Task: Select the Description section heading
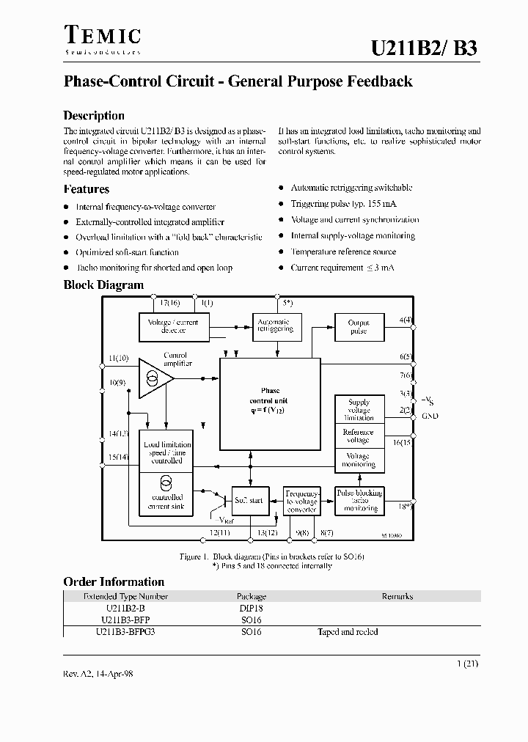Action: pyautogui.click(x=94, y=115)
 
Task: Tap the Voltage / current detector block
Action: pyautogui.click(x=173, y=326)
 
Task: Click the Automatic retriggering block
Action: pyautogui.click(x=274, y=326)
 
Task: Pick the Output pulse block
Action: pyautogui.click(x=359, y=326)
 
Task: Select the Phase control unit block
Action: pyautogui.click(x=270, y=404)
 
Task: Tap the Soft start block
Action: pyautogui.click(x=249, y=500)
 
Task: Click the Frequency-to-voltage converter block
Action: pyautogui.click(x=301, y=500)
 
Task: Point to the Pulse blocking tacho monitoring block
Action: pyautogui.click(x=359, y=500)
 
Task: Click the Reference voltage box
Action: pyautogui.click(x=359, y=436)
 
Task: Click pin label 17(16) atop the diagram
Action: pyautogui.click(x=169, y=303)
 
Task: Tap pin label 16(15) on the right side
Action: pyautogui.click(x=402, y=442)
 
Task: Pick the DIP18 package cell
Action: pyautogui.click(x=251, y=608)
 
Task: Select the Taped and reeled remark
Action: pyautogui.click(x=348, y=631)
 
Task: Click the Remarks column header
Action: pyautogui.click(x=397, y=596)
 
